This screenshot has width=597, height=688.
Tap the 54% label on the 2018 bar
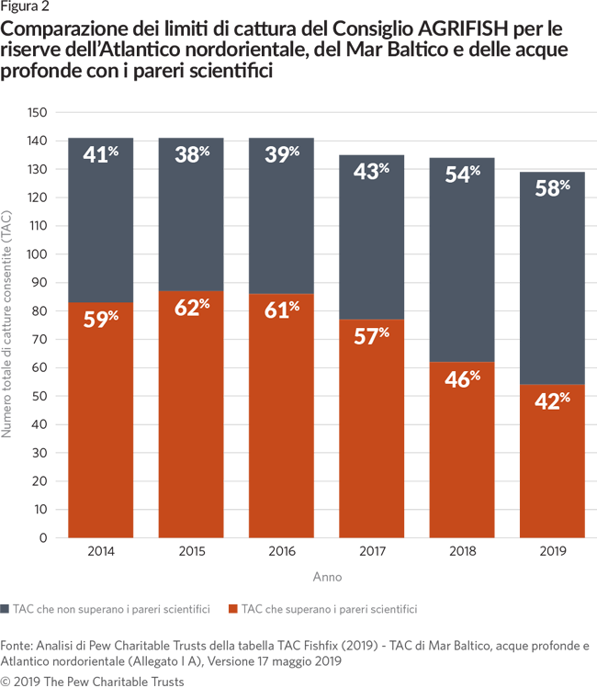(462, 175)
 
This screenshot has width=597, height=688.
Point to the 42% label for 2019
(552, 400)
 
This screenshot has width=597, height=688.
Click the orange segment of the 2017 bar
(372, 441)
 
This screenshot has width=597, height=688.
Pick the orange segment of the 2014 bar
(101, 432)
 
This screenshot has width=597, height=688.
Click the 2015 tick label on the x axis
(192, 552)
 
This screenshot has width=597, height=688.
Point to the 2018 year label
(462, 552)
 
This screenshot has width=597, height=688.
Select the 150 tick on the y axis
(37, 112)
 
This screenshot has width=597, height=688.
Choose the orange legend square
(233, 608)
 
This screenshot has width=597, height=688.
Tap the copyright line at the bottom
(92, 681)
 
